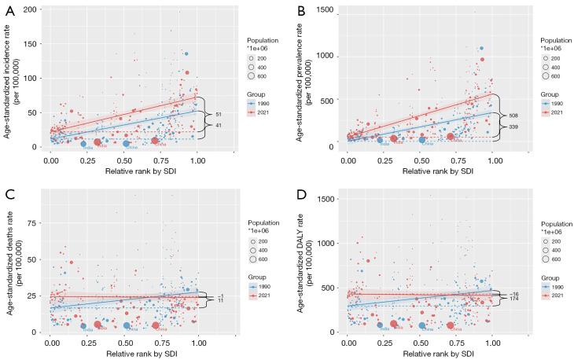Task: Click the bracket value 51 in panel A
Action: point(218,114)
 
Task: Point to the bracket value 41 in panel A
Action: point(218,126)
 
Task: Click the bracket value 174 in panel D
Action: point(513,300)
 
